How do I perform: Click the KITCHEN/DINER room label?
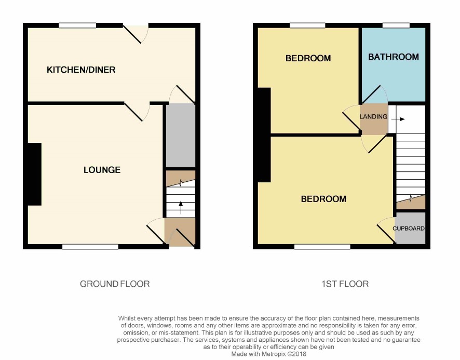81,70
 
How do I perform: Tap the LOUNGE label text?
102,170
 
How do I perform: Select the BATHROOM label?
394,57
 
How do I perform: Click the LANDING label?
373,116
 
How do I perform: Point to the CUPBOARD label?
409,228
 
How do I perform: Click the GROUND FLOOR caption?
115,284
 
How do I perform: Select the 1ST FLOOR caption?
345,284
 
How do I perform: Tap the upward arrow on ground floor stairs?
181,207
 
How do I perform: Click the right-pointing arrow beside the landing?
398,119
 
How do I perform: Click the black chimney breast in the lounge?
34,174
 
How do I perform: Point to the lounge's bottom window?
90,247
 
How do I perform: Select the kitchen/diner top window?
77,25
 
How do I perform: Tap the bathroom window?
396,25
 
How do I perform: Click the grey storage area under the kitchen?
181,136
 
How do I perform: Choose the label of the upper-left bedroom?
308,58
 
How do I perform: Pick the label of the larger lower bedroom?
323,199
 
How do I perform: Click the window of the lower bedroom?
322,247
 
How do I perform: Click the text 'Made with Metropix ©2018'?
269,354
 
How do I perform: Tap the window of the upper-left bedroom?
307,25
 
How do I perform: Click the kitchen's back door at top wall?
136,33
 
